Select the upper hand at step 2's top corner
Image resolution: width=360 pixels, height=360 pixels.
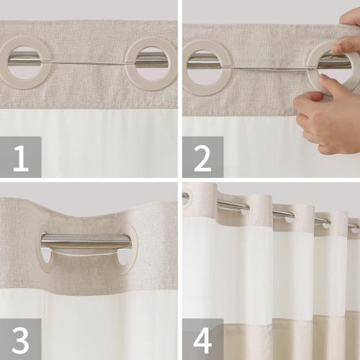[x=350, y=29]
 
